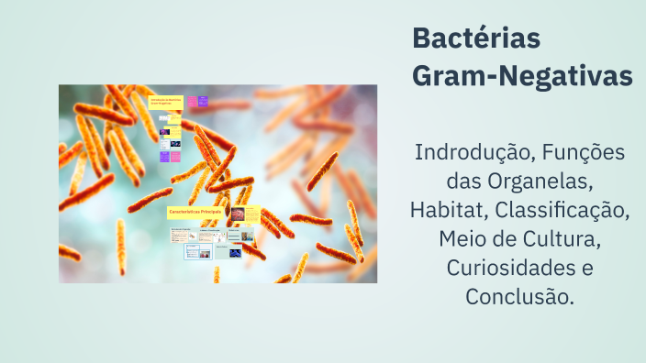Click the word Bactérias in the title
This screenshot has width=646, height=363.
pyautogui.click(x=476, y=39)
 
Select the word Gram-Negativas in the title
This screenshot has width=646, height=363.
pyautogui.click(x=522, y=76)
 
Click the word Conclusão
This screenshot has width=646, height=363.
pyautogui.click(x=519, y=298)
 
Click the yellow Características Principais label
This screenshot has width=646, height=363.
pyautogui.click(x=196, y=212)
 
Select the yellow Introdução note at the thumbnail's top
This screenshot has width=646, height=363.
pyautogui.click(x=166, y=102)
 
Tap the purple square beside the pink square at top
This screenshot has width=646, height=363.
pyautogui.click(x=203, y=102)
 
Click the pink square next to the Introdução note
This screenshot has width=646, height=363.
pyautogui.click(x=190, y=102)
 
